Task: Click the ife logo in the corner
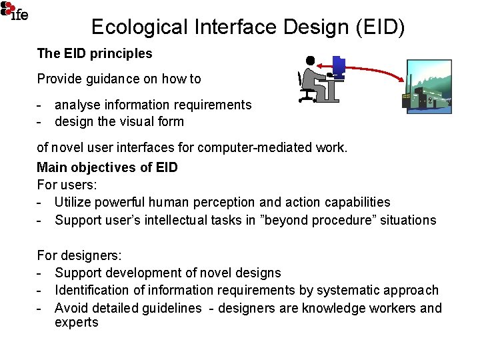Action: tap(15, 11)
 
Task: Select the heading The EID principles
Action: tap(95, 53)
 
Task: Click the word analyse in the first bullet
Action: tap(77, 105)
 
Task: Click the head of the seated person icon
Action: tap(310, 61)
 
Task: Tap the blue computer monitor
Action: tap(339, 65)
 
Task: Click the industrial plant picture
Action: tap(429, 87)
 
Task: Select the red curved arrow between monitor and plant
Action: tap(373, 67)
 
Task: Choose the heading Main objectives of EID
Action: tap(107, 167)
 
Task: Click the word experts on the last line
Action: tap(77, 323)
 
